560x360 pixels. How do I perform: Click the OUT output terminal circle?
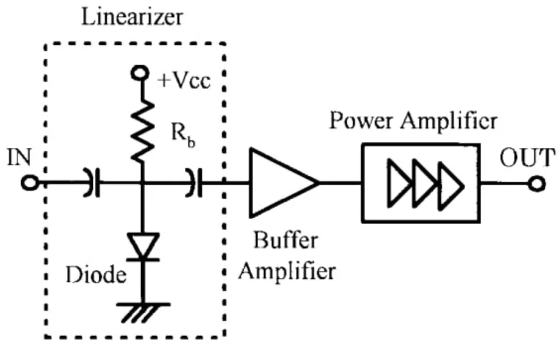[537, 184]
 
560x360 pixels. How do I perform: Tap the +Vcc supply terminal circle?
[140, 74]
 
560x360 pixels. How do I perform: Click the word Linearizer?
[132, 17]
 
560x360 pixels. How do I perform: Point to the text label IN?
[19, 158]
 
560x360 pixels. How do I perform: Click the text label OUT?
[525, 159]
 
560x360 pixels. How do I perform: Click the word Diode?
[96, 274]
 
